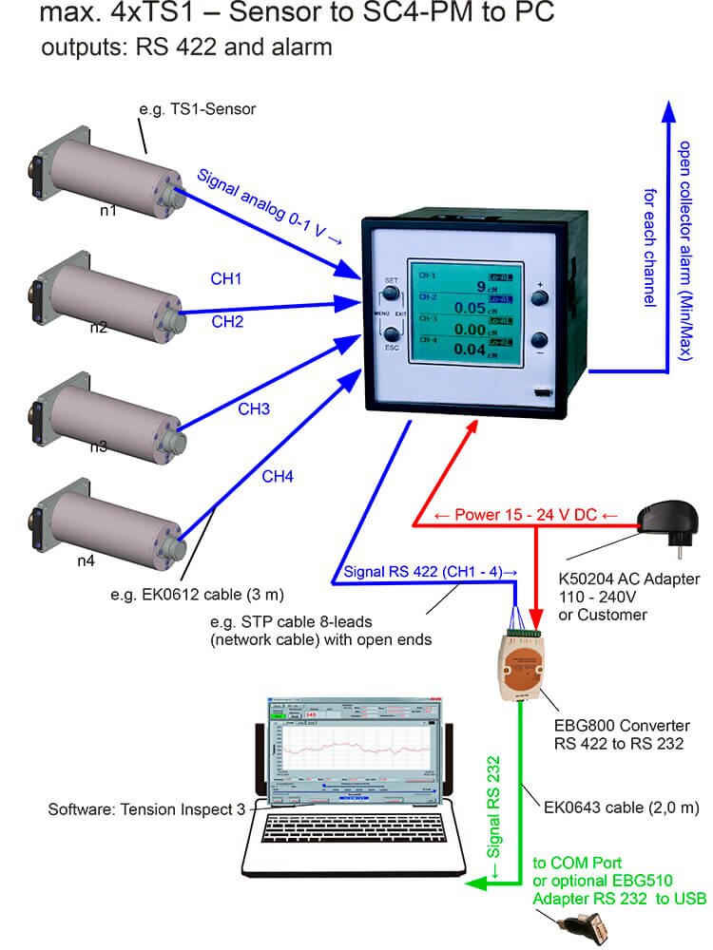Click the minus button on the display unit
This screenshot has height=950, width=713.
coord(539,340)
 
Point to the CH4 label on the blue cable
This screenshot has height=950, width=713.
coord(278,476)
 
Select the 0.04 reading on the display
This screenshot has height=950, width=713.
coord(470,351)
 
